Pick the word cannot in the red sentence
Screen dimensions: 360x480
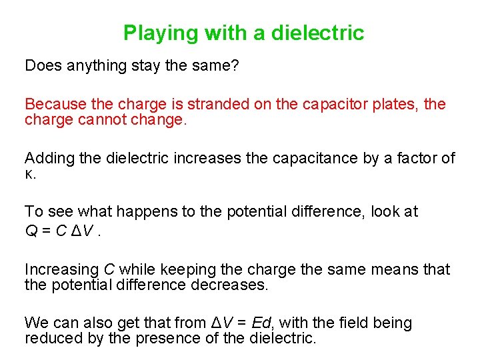point(103,120)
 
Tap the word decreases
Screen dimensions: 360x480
point(231,285)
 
